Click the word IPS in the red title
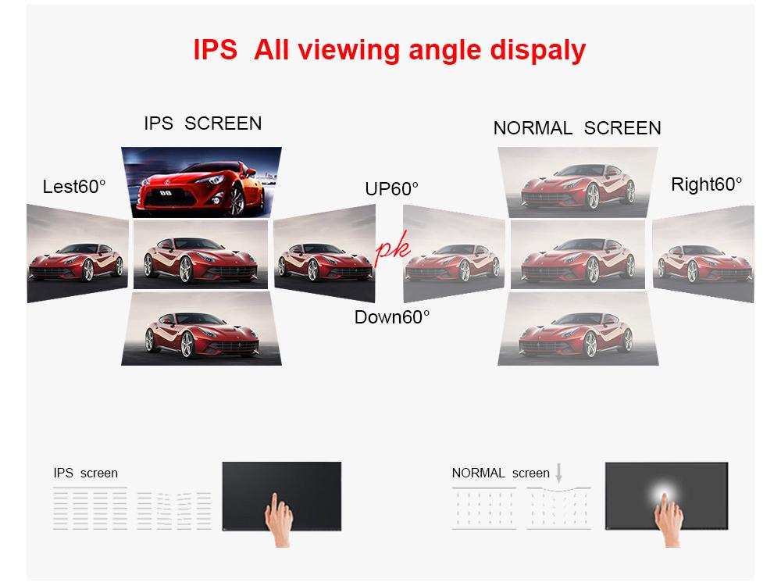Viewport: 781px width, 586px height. click(215, 50)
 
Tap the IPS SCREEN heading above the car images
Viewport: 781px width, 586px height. click(203, 123)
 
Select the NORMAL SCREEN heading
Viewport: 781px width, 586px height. click(577, 128)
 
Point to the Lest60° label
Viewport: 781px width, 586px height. click(74, 187)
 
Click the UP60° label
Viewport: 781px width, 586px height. click(391, 189)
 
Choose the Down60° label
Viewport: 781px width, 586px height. click(392, 316)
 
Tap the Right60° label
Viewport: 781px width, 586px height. click(706, 185)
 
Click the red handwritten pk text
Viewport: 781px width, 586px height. click(393, 249)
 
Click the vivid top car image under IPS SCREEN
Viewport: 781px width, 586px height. click(201, 182)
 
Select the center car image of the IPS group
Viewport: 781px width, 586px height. click(201, 255)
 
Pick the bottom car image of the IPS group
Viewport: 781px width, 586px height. click(201, 329)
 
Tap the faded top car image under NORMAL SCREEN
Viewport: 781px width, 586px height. click(578, 183)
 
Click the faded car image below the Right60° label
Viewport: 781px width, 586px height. click(703, 255)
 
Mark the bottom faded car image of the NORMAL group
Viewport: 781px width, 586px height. click(578, 329)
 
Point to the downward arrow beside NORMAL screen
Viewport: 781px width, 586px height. click(559, 472)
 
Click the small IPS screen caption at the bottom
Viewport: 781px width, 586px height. click(86, 473)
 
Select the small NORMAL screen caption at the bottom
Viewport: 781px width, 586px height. click(501, 473)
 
